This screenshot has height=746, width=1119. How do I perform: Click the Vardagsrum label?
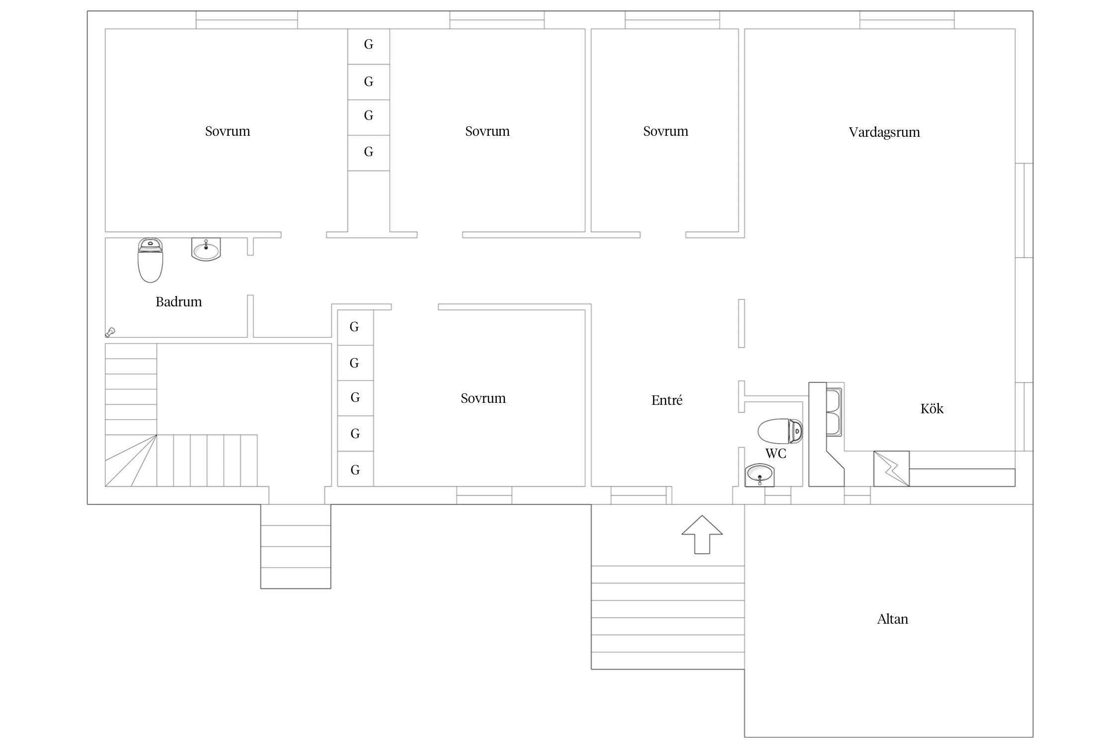[x=884, y=132]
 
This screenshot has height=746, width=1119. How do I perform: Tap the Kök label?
[x=932, y=408]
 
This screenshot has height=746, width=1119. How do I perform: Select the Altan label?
[x=892, y=619]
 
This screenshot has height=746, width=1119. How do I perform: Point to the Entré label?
[x=666, y=400]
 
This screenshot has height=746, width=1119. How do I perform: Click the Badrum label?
[x=179, y=301]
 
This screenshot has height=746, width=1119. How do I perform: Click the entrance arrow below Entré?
[x=702, y=534]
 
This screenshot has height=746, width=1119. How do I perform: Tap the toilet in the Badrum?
[x=150, y=260]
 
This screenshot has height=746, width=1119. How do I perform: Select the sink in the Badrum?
[x=206, y=249]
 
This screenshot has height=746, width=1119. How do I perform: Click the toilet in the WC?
[x=780, y=431]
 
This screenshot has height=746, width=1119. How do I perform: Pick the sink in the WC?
[x=759, y=475]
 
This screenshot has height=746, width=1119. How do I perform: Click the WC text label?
[x=775, y=453]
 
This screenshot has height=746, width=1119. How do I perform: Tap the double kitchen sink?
[x=834, y=412]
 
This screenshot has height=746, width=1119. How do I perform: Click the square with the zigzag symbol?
[x=891, y=468]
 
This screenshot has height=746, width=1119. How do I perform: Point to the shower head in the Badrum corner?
[x=110, y=332]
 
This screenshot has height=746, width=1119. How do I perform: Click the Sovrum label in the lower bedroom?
[x=483, y=398]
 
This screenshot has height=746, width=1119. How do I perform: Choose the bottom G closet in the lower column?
[x=355, y=469]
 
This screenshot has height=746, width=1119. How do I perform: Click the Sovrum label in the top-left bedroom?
[x=227, y=131]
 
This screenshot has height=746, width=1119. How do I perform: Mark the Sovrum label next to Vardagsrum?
[x=665, y=131]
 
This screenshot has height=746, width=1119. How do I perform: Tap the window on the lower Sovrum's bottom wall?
[x=484, y=495]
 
